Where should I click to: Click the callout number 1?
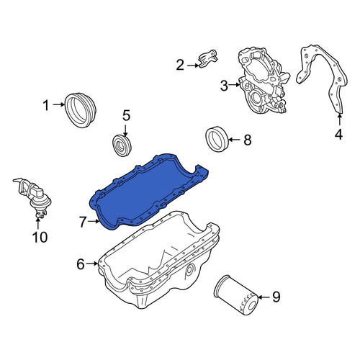[x=45, y=105]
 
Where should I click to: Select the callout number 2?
[x=180, y=65]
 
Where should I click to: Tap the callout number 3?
[x=224, y=86]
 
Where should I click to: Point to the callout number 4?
[x=338, y=134]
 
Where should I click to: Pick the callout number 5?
[x=126, y=115]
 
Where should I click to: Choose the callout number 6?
[x=81, y=264]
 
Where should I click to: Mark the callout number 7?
[x=83, y=222]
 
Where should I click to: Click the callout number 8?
[x=248, y=140]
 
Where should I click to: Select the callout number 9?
[x=276, y=297]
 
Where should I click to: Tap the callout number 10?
[x=40, y=238]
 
